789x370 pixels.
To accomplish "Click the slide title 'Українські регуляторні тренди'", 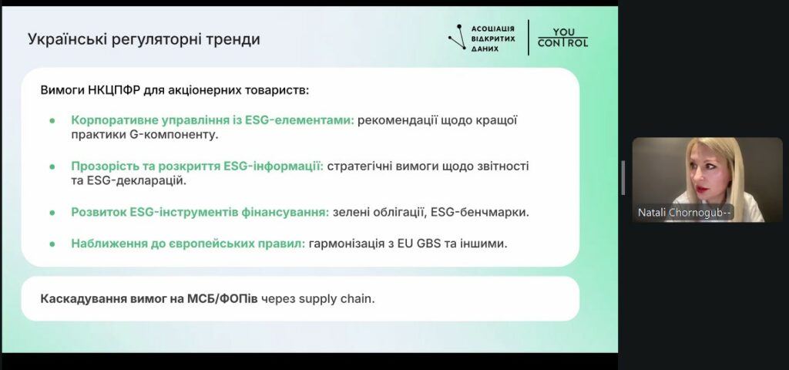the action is pyautogui.click(x=144, y=39).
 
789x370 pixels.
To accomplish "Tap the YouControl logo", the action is pyautogui.click(x=562, y=38).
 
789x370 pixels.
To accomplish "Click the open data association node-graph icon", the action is pyautogui.click(x=457, y=38).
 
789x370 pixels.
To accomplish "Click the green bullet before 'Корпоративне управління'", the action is pyautogui.click(x=52, y=121).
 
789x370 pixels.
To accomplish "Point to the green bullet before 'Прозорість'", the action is pyautogui.click(x=52, y=166).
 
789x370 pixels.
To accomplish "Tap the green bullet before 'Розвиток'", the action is pyautogui.click(x=52, y=213).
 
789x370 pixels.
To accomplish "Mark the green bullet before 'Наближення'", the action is pyautogui.click(x=52, y=244).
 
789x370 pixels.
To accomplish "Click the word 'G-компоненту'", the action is pyautogui.click(x=175, y=136).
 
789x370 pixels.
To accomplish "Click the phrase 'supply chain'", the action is pyautogui.click(x=337, y=299).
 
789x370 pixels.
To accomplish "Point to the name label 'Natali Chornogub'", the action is pyautogui.click(x=683, y=213).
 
